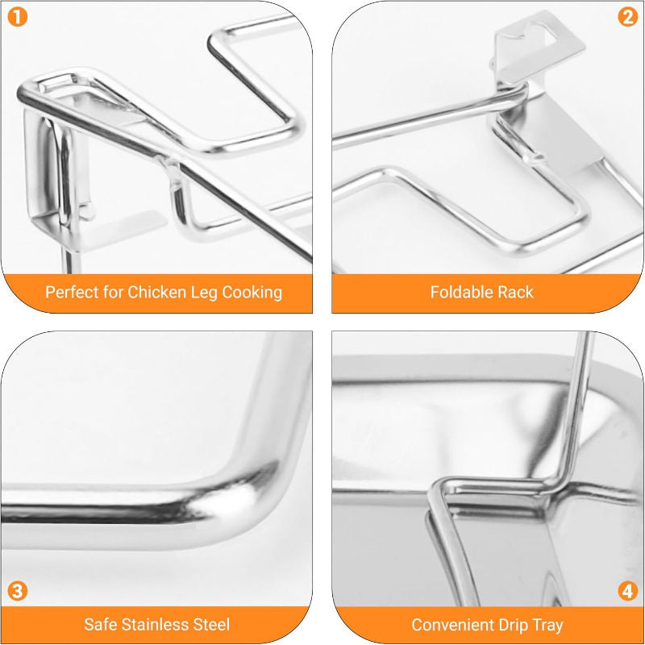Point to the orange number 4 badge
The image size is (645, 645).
[x=627, y=591]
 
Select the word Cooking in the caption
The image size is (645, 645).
[x=251, y=292]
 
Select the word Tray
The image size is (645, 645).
[x=551, y=625]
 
